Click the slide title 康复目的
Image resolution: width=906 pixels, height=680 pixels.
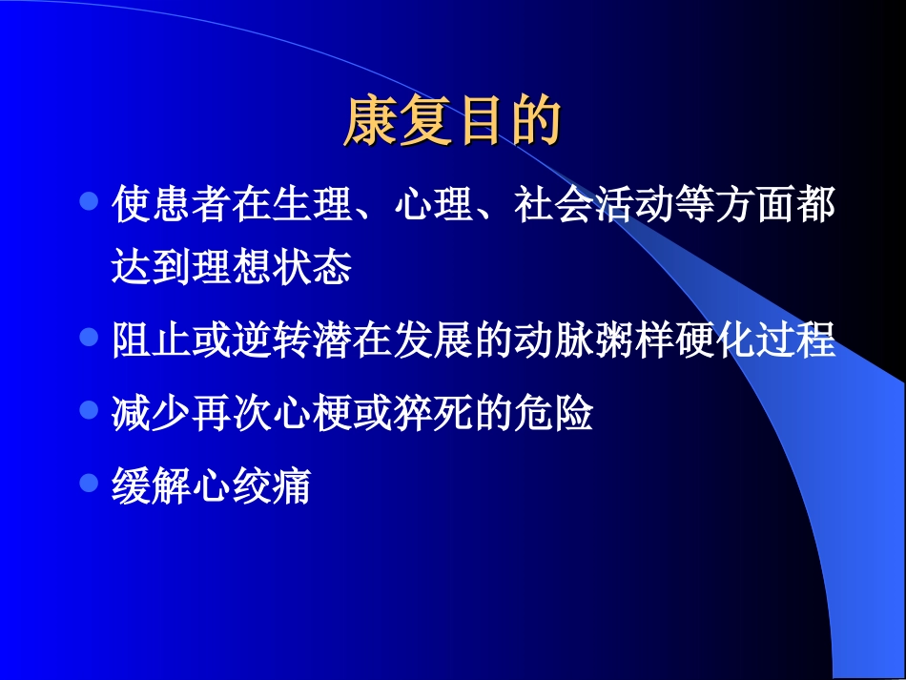451,121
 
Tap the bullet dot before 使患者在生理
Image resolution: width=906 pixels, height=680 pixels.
89,202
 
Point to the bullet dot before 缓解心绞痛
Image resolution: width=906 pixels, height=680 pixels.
89,483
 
